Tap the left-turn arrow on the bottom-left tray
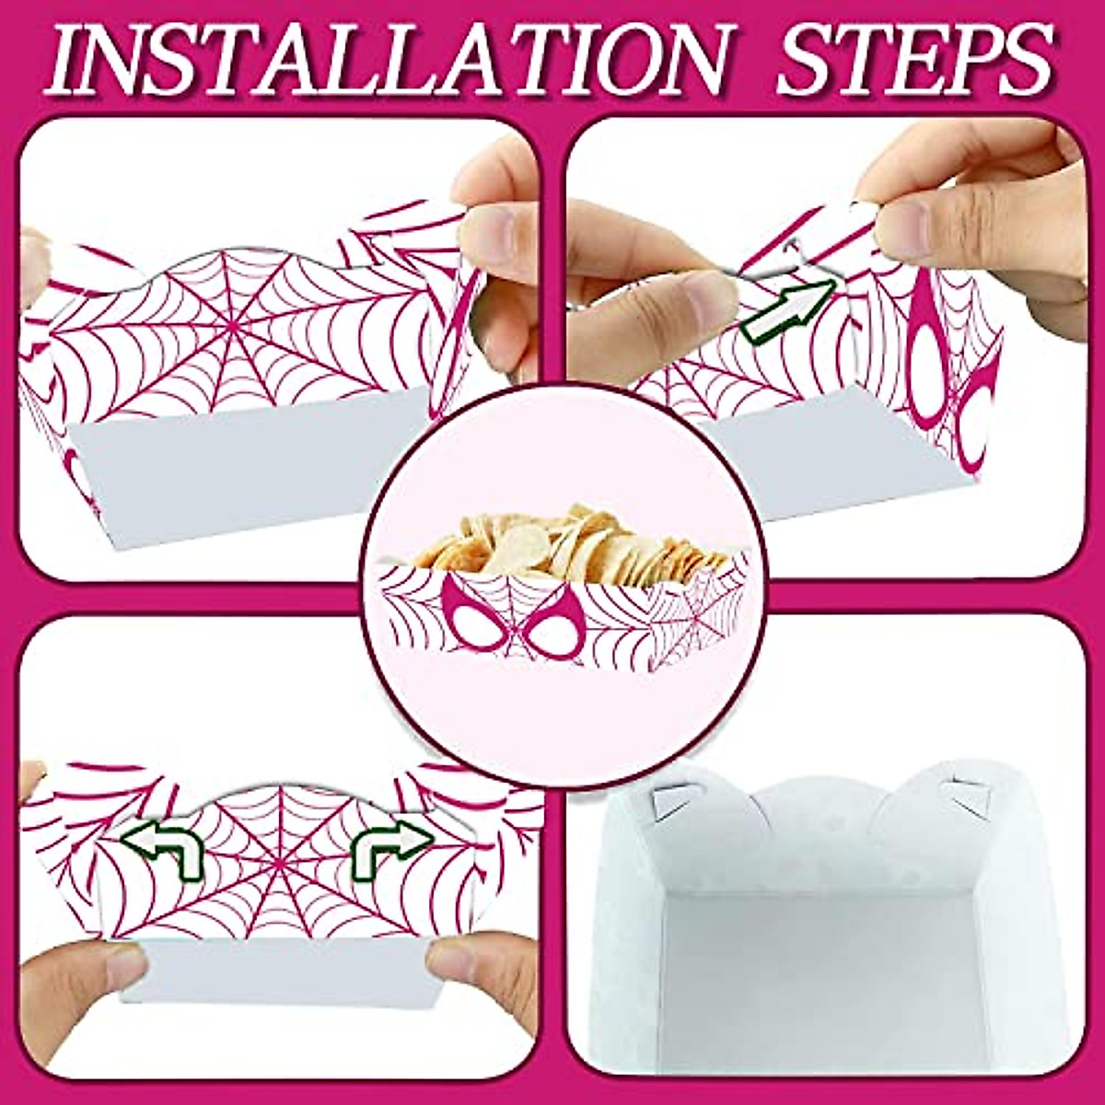[x=166, y=846]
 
